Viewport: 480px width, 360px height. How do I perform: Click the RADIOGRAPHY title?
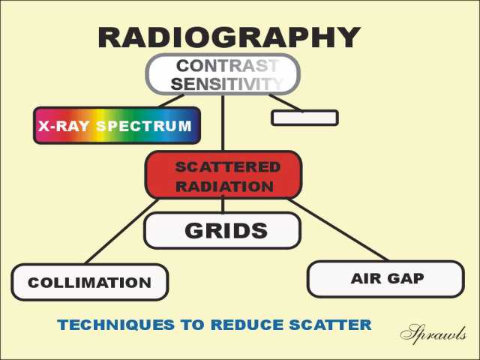[229, 37]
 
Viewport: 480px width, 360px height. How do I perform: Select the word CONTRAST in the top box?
[227, 66]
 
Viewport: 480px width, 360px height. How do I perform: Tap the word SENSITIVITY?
[226, 84]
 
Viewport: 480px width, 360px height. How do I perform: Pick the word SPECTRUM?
[144, 126]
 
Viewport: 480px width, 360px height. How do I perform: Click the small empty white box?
[305, 118]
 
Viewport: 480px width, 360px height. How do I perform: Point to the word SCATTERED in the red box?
[228, 167]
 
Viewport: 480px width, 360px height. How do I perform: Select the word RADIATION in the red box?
[225, 187]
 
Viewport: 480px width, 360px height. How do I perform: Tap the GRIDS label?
[226, 230]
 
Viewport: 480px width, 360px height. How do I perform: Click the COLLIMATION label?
[89, 283]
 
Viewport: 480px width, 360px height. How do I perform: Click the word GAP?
[406, 278]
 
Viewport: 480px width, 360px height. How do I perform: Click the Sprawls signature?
[433, 334]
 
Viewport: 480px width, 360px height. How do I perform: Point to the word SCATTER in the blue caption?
[330, 325]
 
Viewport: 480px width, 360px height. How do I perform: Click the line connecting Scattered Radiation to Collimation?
[121, 231]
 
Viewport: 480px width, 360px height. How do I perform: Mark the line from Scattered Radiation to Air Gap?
[338, 229]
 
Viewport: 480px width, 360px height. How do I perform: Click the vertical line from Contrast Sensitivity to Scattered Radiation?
[223, 123]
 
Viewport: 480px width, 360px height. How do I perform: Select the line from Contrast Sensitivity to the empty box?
[286, 103]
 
